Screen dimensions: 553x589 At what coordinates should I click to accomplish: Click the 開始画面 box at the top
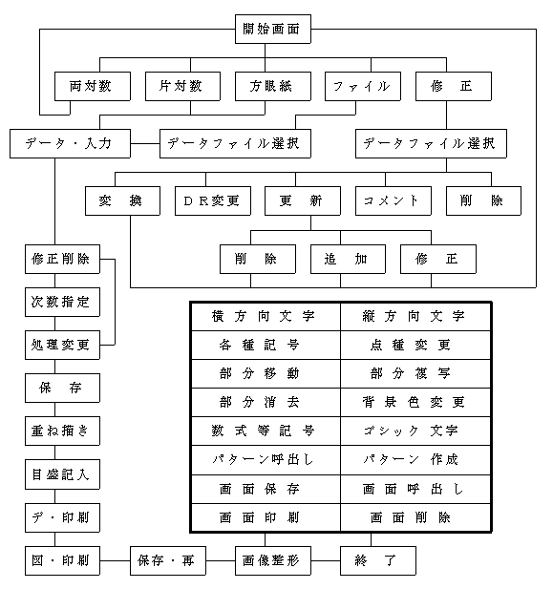tap(273, 29)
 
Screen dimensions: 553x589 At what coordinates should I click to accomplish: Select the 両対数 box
tap(93, 87)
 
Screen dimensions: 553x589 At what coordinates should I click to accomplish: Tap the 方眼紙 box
tap(273, 87)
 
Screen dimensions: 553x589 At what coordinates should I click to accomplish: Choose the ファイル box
tap(363, 87)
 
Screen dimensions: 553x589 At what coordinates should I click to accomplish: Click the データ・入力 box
tap(70, 143)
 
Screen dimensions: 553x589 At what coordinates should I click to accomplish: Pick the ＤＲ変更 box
tap(213, 201)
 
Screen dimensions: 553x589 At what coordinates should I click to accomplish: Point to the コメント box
tap(393, 201)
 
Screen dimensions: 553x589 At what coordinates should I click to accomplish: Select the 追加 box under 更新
tap(348, 260)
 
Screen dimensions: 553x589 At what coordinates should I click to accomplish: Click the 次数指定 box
tap(62, 302)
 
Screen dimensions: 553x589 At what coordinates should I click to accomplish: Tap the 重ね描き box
tap(62, 431)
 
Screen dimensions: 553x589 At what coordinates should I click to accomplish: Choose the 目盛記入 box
tap(62, 474)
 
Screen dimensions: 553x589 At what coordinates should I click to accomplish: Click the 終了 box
tap(378, 560)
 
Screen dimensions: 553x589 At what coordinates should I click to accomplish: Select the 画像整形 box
tap(273, 560)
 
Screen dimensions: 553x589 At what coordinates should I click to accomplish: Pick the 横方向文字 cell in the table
tap(266, 317)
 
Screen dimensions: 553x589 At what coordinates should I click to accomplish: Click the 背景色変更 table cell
tap(415, 402)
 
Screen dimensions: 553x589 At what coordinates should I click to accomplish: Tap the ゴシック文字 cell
tap(415, 431)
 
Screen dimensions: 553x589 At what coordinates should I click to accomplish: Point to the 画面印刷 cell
tap(266, 517)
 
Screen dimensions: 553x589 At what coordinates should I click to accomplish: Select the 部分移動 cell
tap(266, 374)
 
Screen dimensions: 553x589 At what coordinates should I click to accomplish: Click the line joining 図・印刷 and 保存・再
tap(115, 560)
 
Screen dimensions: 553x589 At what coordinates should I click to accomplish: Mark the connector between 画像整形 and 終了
tap(326, 560)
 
